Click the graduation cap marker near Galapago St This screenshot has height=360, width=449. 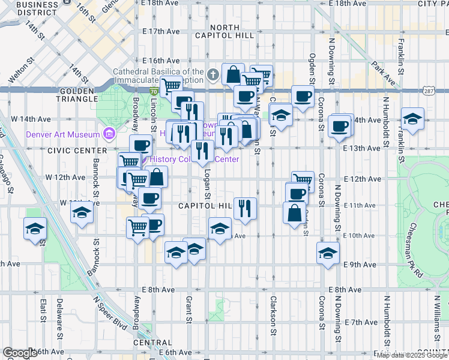pos(35,229)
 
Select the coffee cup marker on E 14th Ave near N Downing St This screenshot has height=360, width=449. pos(340,127)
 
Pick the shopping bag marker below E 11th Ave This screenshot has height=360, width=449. pos(295,213)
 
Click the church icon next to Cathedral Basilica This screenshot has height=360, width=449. pos(212,76)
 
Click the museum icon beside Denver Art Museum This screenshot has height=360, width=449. pos(109,133)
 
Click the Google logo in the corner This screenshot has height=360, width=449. pos(20,353)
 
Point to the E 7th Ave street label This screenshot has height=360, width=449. pos(362,322)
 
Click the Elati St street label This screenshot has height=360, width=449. pos(43,311)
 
